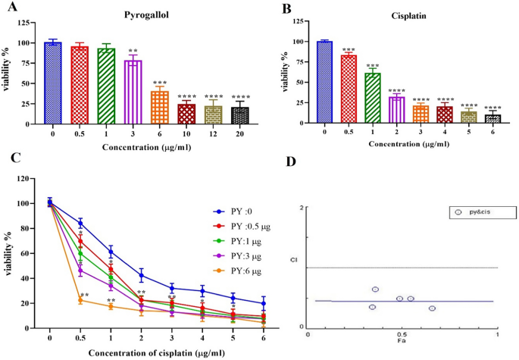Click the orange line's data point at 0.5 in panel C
tap(80, 300)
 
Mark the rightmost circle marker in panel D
tap(432, 308)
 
